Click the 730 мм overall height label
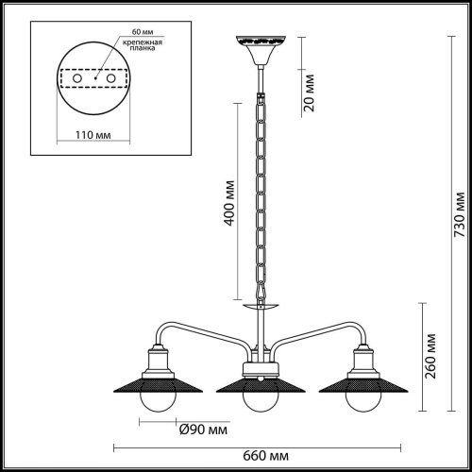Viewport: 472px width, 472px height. [460, 214]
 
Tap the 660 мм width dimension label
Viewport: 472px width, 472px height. [265, 456]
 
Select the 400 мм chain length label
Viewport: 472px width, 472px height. [229, 203]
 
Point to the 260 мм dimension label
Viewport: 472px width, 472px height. [430, 356]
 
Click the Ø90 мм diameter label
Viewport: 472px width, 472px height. [203, 430]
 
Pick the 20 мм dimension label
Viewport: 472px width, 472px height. [310, 93]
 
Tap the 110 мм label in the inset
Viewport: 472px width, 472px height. [93, 135]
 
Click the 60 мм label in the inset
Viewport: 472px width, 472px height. [143, 32]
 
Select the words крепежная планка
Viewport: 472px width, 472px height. [143, 45]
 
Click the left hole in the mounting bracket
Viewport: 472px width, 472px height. [77, 78]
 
